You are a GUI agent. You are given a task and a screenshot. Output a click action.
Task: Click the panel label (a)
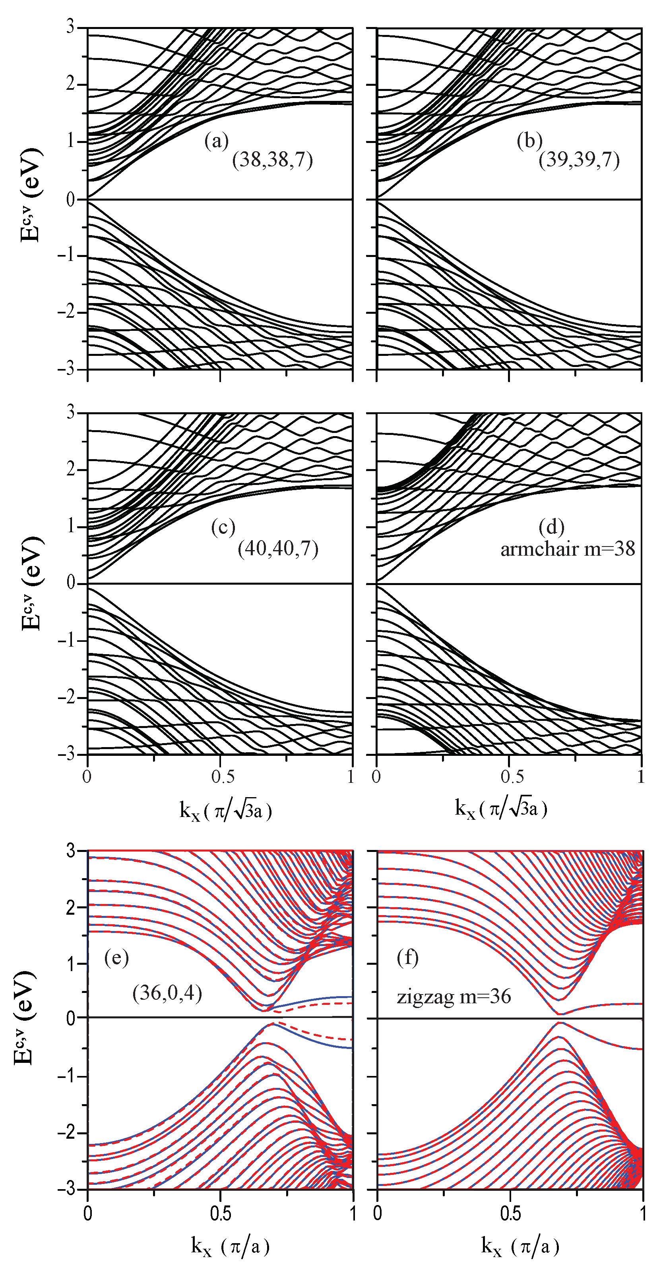pos(217,142)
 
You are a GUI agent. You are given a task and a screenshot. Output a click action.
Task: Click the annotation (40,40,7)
pos(278,548)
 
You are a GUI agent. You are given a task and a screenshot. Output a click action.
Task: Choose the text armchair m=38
pos(568,549)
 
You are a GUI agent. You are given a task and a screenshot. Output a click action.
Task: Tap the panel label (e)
pos(116,958)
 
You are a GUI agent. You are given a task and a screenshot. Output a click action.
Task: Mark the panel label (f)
pos(407,958)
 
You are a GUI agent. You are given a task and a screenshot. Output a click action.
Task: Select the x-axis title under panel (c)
pos(225,809)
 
